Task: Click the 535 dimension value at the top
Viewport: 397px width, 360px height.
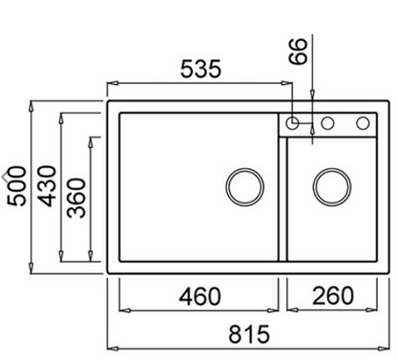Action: coord(202,69)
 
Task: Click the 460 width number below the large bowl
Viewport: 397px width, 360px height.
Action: coord(199,295)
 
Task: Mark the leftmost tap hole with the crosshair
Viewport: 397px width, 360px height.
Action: coord(294,122)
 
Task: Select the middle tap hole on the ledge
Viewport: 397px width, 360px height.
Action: coord(327,122)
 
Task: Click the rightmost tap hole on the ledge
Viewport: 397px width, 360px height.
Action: coord(362,122)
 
